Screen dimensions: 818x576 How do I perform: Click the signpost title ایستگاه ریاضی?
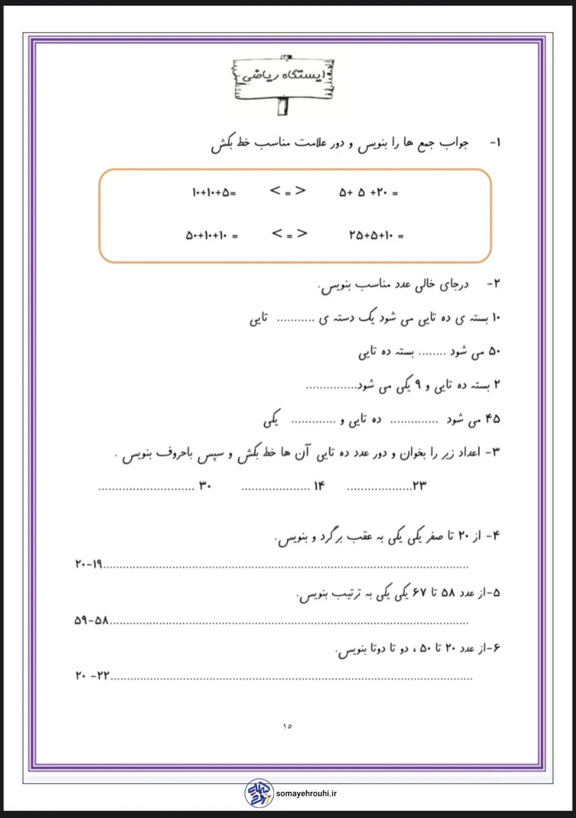tap(283, 75)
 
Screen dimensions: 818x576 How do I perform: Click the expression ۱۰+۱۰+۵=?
tap(214, 193)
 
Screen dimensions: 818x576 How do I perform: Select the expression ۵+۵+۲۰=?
tap(368, 193)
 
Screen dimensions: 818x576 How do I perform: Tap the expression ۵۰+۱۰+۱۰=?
tap(211, 236)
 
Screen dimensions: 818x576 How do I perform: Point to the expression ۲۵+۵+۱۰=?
tap(376, 236)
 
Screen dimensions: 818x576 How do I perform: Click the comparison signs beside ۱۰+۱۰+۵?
tap(288, 192)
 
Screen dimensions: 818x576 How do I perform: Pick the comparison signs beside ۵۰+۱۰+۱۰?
tap(289, 234)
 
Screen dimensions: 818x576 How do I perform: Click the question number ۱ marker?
tap(495, 142)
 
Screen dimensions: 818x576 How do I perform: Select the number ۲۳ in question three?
tap(419, 486)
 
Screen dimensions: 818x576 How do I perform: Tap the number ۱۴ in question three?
tap(319, 486)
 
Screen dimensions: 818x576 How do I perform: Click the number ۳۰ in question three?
tap(205, 486)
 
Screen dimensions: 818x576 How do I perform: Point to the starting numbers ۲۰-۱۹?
tap(89, 564)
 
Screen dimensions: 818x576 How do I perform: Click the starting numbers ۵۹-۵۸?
tap(92, 621)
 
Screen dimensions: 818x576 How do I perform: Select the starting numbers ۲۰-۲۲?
tap(93, 676)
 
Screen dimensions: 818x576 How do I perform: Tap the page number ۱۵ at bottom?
tap(287, 726)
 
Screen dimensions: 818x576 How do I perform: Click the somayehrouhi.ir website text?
tap(306, 793)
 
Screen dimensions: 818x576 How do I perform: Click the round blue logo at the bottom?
tap(259, 793)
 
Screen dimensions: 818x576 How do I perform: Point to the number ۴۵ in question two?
tap(492, 419)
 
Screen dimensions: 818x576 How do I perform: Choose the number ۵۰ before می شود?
tap(494, 351)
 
